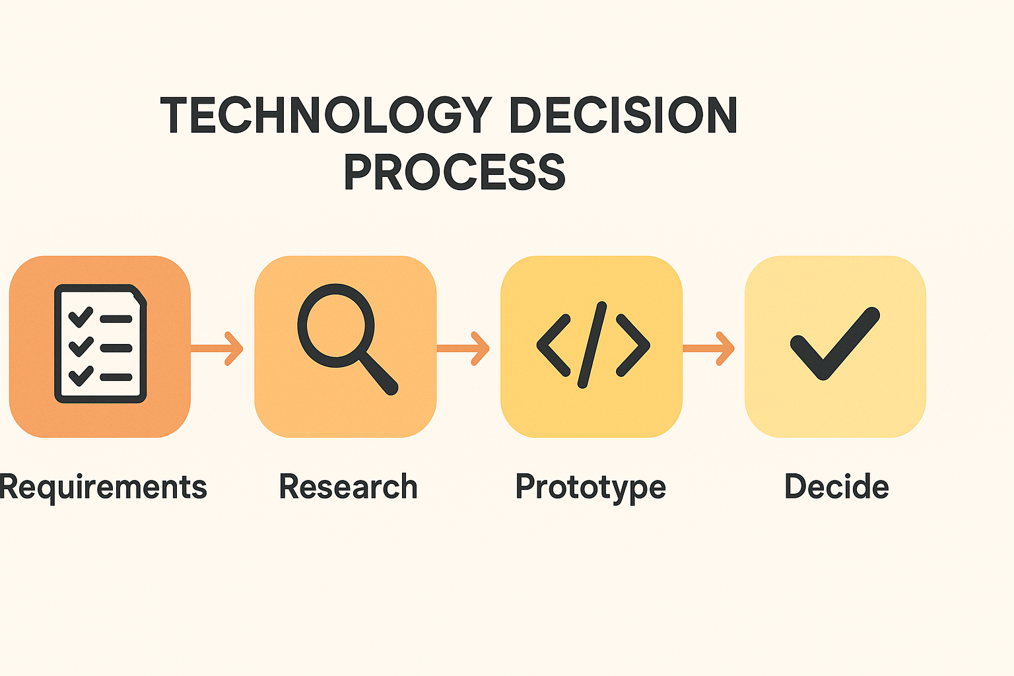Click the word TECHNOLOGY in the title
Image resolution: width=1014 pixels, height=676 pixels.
point(326,116)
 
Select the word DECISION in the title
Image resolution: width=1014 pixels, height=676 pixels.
point(623,116)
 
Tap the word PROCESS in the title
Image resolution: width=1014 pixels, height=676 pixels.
point(454,172)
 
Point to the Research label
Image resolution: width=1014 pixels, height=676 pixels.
point(348,487)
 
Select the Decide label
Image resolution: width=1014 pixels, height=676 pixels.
point(836,487)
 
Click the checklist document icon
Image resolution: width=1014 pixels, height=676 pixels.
point(100,344)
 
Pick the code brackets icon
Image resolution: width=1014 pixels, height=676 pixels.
point(592,345)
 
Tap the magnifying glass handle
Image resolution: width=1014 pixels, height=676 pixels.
point(378,374)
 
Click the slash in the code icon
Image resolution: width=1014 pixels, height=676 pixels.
point(592,345)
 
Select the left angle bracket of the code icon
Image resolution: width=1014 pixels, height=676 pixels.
point(553,345)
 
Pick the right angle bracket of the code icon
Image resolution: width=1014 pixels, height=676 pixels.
point(632,345)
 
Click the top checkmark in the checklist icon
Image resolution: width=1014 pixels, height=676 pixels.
point(81,316)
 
